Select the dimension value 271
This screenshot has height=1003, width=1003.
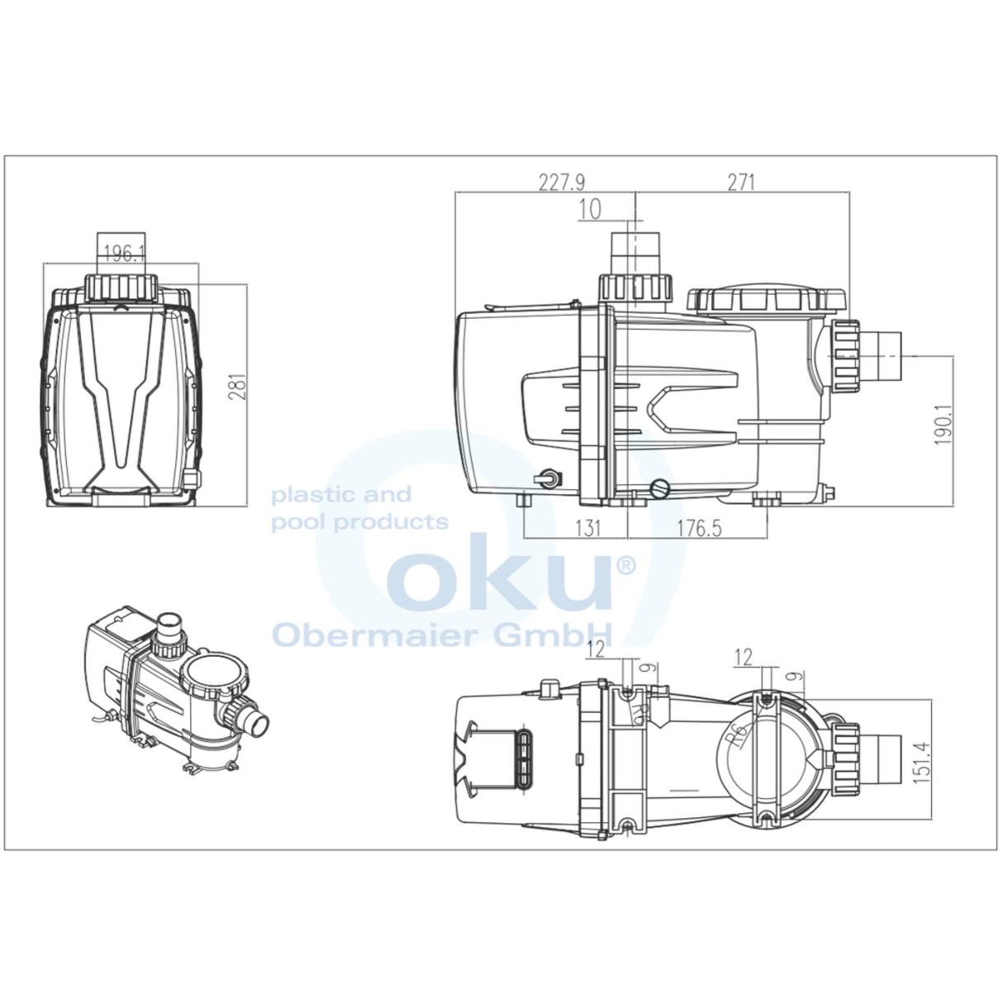740,182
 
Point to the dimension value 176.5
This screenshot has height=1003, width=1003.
700,528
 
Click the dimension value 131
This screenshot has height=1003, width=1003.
587,528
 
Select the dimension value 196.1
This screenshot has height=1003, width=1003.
125,254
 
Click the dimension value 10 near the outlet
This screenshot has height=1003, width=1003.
590,210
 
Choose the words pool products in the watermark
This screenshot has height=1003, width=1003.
360,522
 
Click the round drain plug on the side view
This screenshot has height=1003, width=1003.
658,488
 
